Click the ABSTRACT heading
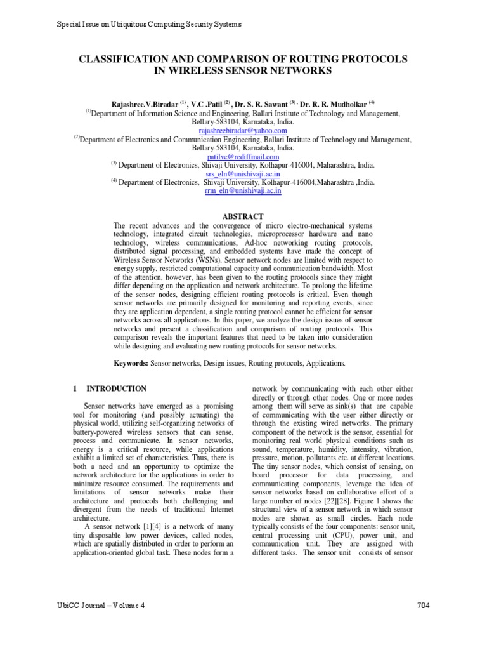(243, 216)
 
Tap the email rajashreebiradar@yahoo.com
(243, 130)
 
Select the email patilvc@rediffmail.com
(243, 157)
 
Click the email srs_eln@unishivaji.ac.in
(243, 173)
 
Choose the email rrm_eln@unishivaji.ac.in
(243, 190)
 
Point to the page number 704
(424, 605)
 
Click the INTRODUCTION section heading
(116, 388)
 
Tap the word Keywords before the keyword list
(131, 363)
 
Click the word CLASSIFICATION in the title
(122, 58)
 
